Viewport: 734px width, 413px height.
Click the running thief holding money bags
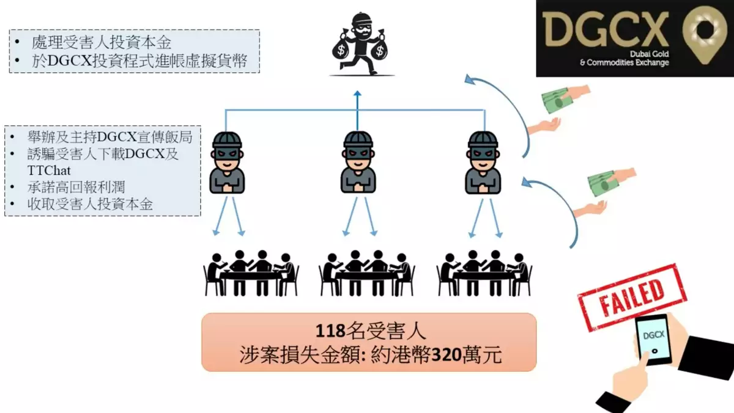click(360, 43)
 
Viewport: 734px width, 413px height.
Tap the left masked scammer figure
click(227, 163)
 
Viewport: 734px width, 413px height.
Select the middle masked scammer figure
click(358, 163)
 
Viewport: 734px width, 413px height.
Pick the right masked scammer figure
click(483, 163)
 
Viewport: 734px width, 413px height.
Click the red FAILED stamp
click(632, 297)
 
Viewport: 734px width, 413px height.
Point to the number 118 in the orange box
click(330, 331)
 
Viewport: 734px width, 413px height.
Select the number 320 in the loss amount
click(447, 355)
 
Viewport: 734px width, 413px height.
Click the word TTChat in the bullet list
click(49, 170)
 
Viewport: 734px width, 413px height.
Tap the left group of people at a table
click(251, 274)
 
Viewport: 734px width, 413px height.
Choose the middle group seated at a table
click(367, 274)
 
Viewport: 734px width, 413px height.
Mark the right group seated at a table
click(484, 274)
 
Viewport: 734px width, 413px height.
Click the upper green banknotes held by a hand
click(557, 99)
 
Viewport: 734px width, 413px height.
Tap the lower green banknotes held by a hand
click(602, 183)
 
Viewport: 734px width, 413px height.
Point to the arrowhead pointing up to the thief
click(357, 93)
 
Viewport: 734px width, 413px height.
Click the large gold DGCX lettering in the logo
click(605, 29)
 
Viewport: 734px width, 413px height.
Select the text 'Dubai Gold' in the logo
click(649, 54)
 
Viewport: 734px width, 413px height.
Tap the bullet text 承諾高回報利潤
click(76, 187)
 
